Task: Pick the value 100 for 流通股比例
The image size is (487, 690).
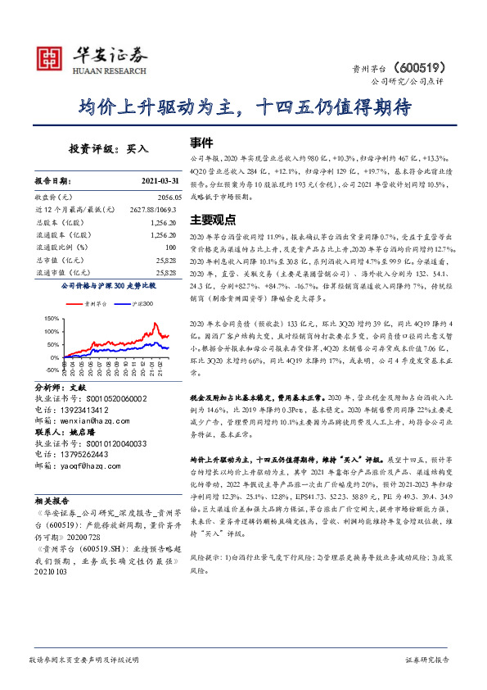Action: coord(170,247)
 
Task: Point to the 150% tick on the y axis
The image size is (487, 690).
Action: coord(48,318)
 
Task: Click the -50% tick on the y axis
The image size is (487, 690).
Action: coord(49,370)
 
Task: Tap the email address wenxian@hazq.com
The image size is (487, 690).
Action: coord(92,418)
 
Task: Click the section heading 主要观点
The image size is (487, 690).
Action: coord(213,220)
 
